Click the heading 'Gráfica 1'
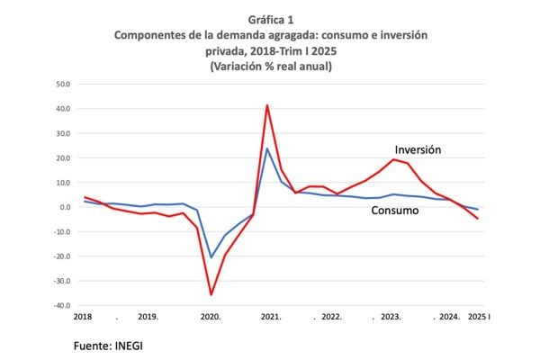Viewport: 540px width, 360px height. [270, 19]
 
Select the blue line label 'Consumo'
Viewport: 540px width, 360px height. [395, 211]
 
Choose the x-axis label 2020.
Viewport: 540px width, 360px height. [210, 318]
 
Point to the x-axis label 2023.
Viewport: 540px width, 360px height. [391, 318]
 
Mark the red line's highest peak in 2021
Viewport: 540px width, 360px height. [267, 105]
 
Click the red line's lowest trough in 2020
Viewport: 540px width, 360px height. [211, 294]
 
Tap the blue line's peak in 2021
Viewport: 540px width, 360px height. [267, 148]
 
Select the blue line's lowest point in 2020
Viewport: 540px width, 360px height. [211, 257]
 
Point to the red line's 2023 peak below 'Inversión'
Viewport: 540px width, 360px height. [393, 159]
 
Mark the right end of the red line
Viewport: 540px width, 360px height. [477, 219]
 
